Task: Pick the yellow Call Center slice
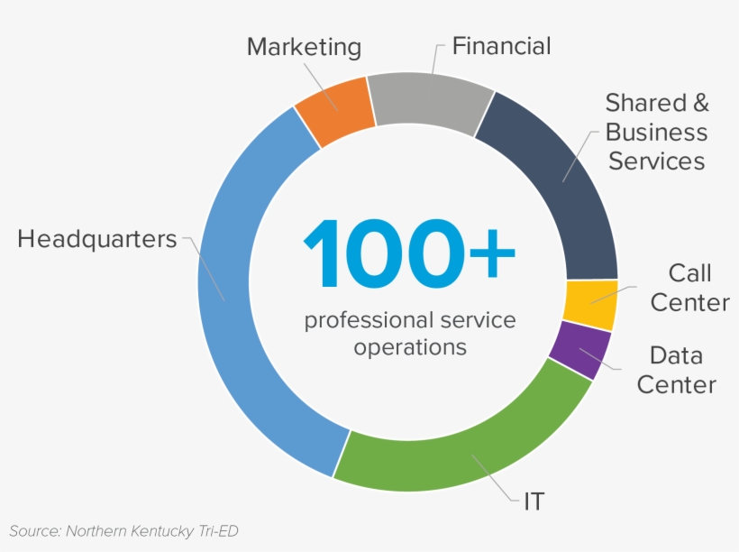point(590,305)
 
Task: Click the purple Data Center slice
point(579,350)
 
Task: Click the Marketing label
point(304,47)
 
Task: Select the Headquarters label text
point(97,239)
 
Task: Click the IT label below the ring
point(534,501)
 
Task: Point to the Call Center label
point(689,288)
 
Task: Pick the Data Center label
point(676,370)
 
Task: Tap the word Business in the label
point(656,133)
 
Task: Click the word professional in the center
point(364,319)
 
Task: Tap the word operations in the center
point(410,346)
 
